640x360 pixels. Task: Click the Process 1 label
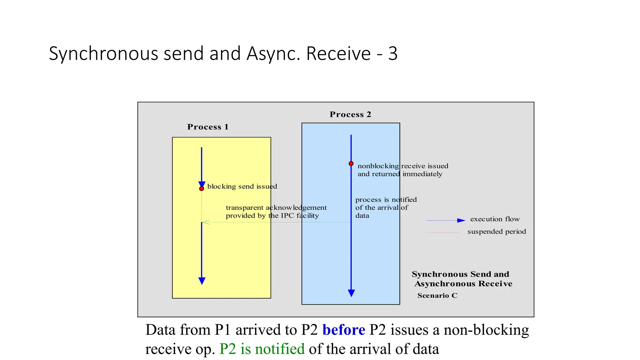[208, 127]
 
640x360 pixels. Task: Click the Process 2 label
[350, 114]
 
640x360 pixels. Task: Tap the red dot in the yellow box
[202, 189]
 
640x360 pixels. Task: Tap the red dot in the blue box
[351, 164]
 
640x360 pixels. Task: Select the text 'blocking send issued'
[242, 187]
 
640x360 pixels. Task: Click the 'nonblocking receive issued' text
[402, 166]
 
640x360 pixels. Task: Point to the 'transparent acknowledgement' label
[276, 208]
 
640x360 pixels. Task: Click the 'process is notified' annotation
[386, 200]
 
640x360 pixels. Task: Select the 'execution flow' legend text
[495, 219]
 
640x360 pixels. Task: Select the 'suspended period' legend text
[497, 232]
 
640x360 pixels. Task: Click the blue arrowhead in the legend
[461, 221]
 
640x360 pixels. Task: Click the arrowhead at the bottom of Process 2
[351, 293]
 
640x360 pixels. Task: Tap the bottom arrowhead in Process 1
[202, 281]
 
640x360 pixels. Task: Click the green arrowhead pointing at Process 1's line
[205, 222]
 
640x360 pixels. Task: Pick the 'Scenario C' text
[437, 296]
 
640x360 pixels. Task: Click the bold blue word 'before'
[343, 330]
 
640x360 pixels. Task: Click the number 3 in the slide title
[393, 53]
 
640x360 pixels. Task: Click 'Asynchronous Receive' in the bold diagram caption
[463, 284]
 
